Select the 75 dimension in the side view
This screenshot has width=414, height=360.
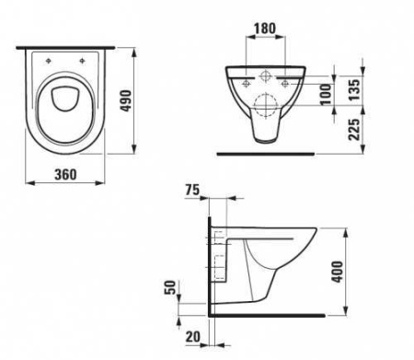coord(191,192)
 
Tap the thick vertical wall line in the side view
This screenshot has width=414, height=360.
coord(211,267)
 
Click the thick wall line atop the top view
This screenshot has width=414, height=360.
coord(67,45)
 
